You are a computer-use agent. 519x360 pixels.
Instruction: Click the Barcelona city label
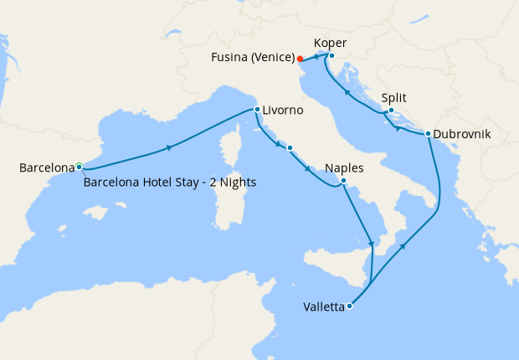pos(47,168)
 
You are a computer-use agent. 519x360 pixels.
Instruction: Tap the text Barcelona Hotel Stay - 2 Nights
pos(170,183)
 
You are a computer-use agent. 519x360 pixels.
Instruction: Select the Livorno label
pos(282,111)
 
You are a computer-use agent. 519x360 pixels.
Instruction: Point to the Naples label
pos(345,168)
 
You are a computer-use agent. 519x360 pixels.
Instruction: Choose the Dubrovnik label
pos(463,134)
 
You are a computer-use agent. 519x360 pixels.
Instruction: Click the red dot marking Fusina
pos(300,59)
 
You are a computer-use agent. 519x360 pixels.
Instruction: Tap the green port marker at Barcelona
pos(79,166)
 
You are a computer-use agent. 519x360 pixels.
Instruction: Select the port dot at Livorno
pos(257,110)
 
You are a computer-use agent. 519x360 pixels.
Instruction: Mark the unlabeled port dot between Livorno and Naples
pos(290,148)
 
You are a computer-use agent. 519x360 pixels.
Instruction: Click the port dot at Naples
pos(343,181)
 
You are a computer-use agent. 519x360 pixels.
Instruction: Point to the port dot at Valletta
pos(349,306)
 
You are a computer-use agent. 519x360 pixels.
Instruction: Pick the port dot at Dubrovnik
pos(428,134)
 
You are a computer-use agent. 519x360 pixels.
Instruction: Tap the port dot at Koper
pos(331,56)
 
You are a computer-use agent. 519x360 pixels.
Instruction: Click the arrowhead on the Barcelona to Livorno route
pos(170,147)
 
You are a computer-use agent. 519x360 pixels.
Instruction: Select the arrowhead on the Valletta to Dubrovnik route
pos(404,246)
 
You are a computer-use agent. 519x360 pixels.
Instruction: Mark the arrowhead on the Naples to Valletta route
pos(371,244)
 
